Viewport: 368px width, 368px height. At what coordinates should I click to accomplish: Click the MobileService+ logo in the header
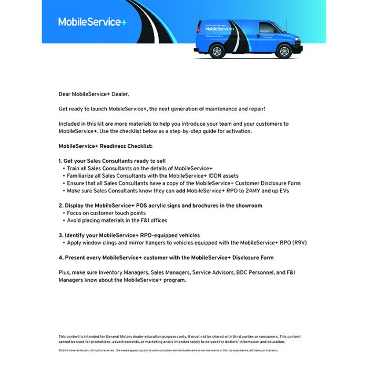[x=92, y=22]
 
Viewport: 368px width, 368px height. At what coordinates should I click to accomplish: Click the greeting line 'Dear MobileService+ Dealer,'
[x=94, y=94]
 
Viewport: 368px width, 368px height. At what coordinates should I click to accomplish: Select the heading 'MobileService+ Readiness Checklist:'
[x=105, y=146]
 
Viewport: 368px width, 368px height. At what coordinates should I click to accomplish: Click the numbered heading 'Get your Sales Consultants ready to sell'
[x=115, y=160]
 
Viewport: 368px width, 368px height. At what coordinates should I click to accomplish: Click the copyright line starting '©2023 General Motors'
[x=168, y=350]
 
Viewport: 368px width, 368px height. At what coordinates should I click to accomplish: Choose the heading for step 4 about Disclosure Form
[x=166, y=258]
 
